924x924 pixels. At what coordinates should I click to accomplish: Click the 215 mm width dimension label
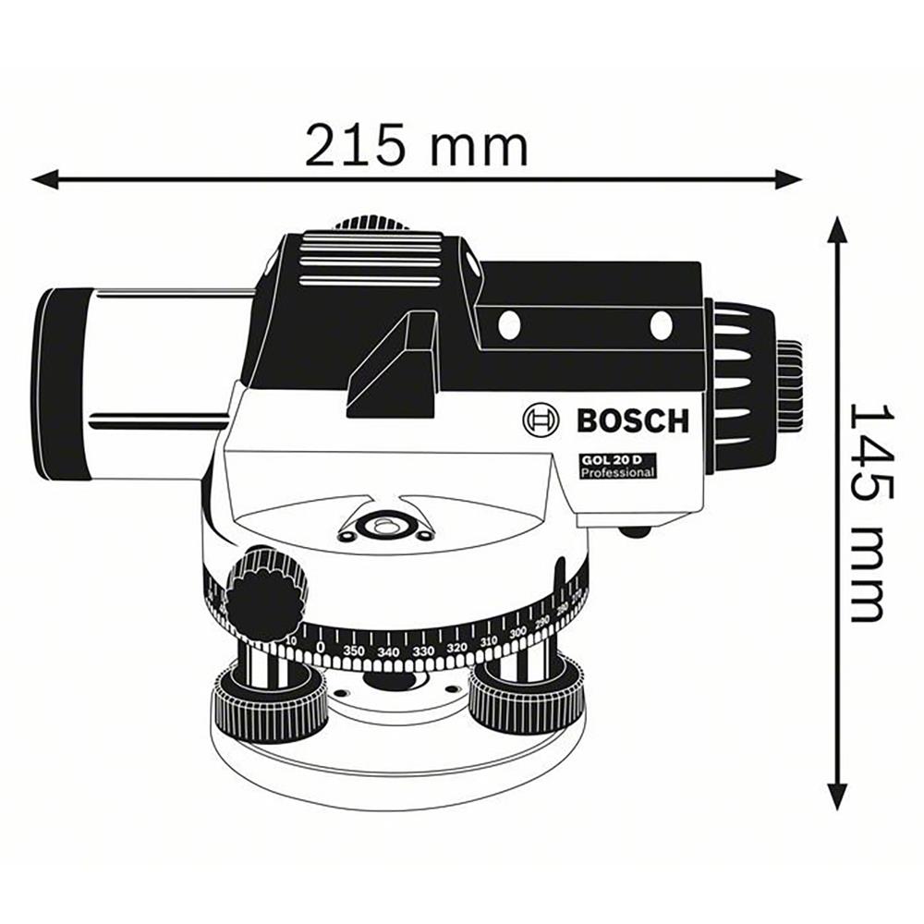coord(417,145)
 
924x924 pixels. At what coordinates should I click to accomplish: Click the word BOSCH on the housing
coord(633,421)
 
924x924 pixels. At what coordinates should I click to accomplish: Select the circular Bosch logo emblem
coord(541,420)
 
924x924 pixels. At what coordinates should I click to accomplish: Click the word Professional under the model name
coord(617,472)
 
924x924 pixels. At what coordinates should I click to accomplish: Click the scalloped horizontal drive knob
coord(266,595)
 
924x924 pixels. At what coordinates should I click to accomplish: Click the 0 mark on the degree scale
coord(320,647)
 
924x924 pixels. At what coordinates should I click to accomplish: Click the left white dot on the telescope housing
coord(507,324)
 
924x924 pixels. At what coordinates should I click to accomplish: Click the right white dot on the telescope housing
coord(661,325)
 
